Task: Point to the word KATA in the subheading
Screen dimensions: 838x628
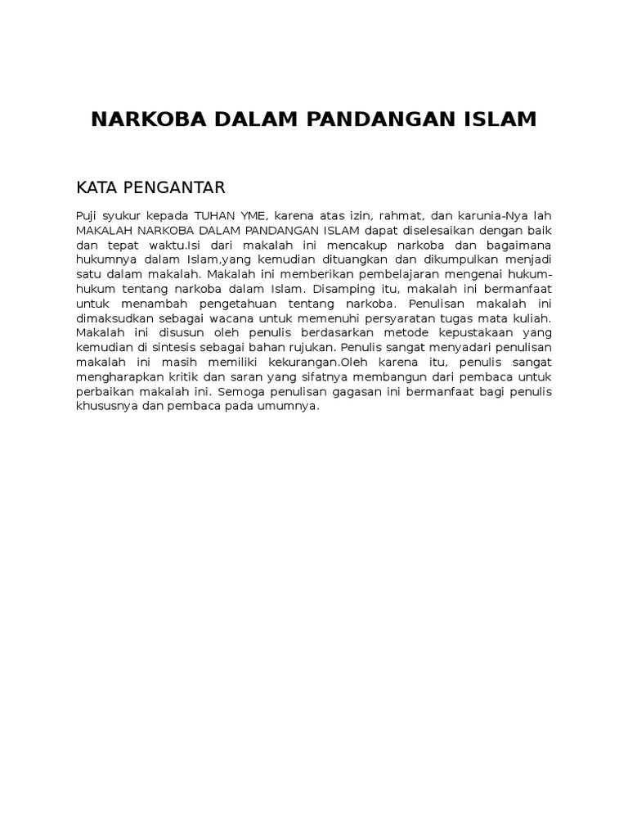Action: [x=94, y=188]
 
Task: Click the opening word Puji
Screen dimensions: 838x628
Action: [x=87, y=215]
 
